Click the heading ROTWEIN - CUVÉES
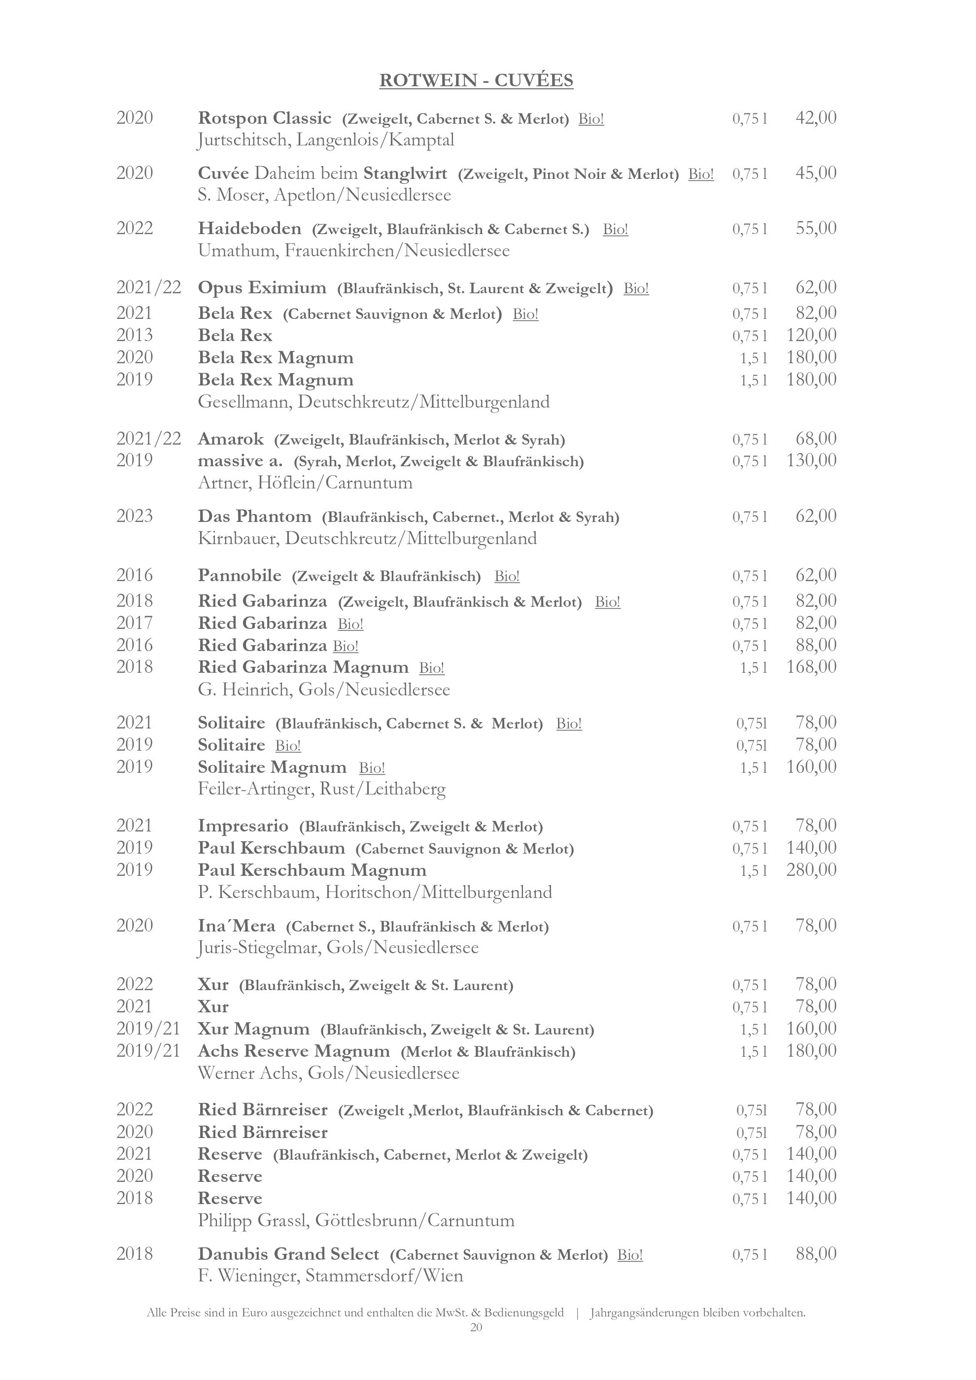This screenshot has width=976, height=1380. coord(476,80)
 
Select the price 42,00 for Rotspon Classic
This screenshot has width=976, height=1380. coord(815,118)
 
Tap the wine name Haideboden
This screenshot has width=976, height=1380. coord(249,228)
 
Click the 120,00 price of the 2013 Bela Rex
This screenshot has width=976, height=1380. coord(811,335)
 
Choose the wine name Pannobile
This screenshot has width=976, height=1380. coord(239,576)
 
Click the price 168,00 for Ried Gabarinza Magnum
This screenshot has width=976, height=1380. coord(811,666)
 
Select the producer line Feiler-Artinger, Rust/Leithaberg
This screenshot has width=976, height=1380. coord(321,789)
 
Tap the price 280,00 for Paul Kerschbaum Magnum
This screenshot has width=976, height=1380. coord(811,870)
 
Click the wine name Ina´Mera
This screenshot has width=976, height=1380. coord(236,926)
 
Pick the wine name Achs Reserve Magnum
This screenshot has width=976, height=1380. coord(294,1051)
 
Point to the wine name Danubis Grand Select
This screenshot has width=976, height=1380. coord(288,1254)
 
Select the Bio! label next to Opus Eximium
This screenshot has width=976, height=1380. coord(636,288)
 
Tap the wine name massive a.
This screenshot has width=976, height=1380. coord(240,461)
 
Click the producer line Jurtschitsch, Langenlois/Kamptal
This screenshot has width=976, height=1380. coord(326,140)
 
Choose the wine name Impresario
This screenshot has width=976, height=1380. coord(243,826)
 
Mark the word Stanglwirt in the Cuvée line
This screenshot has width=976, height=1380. coord(405,173)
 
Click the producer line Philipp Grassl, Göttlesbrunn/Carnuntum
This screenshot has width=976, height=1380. coord(356,1221)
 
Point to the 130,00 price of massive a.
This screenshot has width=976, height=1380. coord(811,460)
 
